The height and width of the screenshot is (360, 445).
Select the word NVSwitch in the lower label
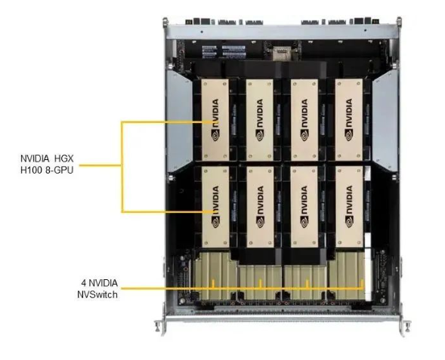97,294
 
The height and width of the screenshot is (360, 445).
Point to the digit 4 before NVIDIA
84,283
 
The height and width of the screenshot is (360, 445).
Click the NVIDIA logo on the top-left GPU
215,120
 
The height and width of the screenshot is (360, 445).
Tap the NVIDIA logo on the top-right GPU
349,120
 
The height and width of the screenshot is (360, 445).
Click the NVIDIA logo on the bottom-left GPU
215,207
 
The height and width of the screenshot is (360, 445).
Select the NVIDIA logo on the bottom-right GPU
349,207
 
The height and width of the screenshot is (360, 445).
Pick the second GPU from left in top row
260,120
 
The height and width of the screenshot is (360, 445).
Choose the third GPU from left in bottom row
304,207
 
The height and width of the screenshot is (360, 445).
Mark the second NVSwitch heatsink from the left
261,282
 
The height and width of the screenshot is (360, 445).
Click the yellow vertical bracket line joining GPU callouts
122,167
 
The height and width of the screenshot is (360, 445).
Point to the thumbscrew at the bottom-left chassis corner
157,326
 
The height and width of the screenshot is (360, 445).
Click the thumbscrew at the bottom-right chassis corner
407,326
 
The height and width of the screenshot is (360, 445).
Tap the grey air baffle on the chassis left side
179,122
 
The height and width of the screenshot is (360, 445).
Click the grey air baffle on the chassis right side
385,122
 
